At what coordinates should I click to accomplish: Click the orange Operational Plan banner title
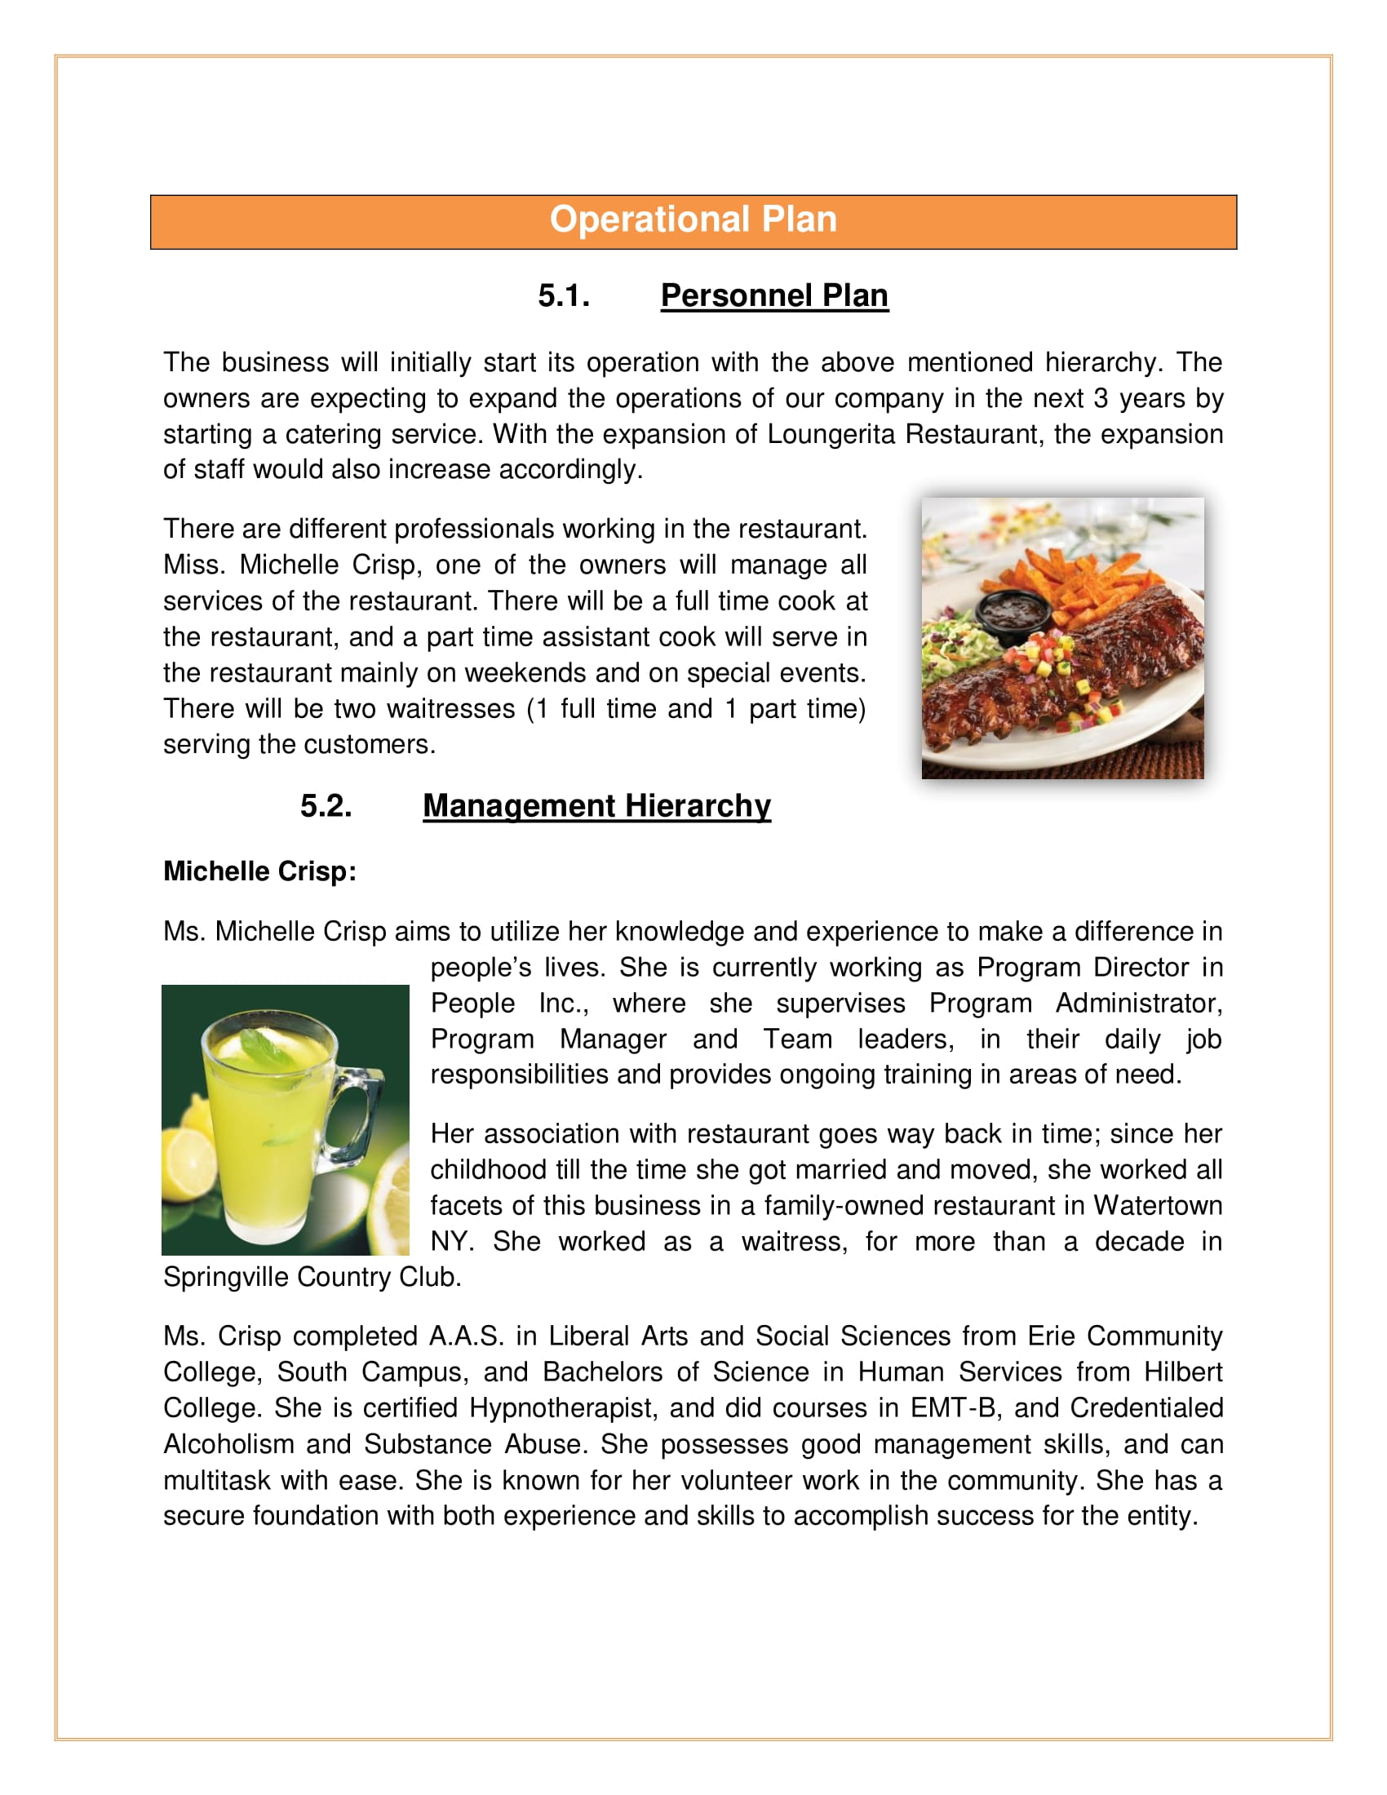pos(693,219)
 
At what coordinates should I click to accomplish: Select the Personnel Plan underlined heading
pos(774,296)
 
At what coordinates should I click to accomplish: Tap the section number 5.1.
pos(564,296)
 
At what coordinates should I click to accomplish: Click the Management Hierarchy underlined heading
pos(596,806)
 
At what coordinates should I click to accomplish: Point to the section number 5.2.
pos(326,806)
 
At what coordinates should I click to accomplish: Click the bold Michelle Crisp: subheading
pos(259,871)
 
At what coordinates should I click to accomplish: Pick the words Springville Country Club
pos(312,1276)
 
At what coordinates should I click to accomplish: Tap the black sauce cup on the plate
pos(1013,612)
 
